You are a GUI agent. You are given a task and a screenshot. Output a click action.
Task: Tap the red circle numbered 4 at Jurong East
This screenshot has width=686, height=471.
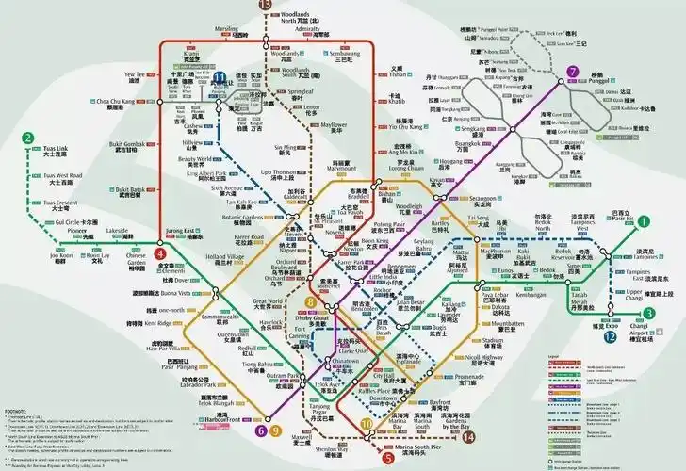point(161,253)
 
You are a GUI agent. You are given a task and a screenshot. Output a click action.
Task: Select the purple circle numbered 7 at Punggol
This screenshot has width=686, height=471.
point(573,73)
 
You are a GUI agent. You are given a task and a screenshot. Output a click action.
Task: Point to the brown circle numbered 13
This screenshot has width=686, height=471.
point(265,5)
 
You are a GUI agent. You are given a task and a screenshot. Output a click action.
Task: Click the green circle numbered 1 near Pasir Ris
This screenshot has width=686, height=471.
point(645,222)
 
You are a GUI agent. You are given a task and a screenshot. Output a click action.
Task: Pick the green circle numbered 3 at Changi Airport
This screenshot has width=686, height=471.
point(648,314)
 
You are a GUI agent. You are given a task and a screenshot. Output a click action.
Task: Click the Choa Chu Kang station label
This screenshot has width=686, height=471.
point(116,101)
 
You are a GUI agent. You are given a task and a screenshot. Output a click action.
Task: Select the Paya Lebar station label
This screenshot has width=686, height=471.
point(496,296)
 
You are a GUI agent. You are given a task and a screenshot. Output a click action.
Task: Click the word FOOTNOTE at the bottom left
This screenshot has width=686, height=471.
point(16,385)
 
